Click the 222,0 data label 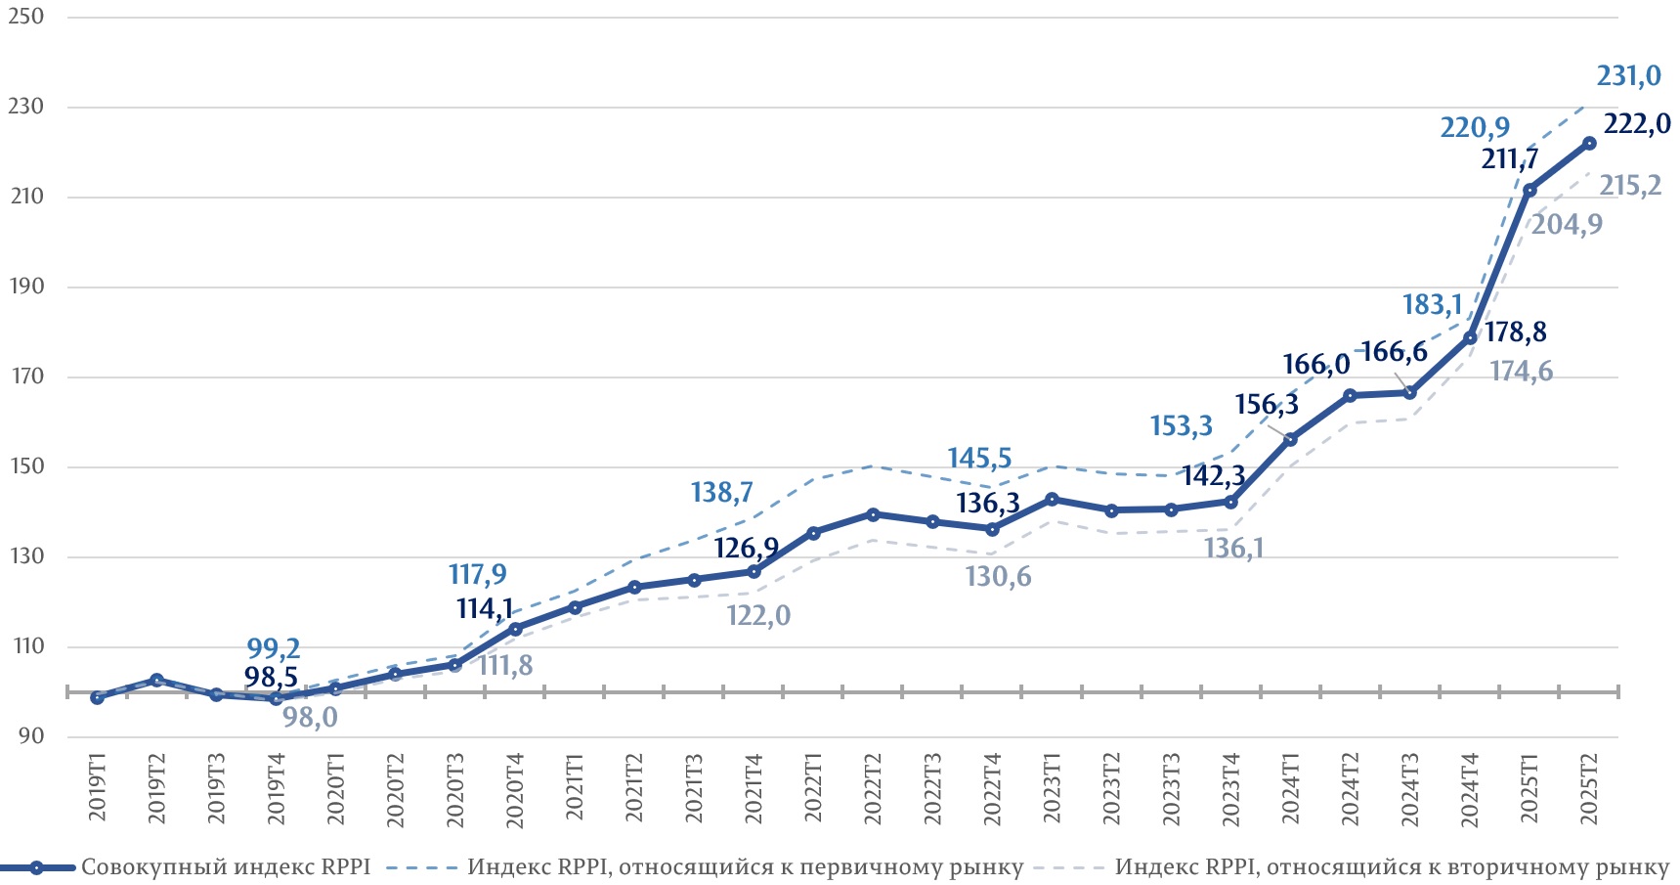(x=1637, y=125)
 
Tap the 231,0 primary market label (x=1628, y=76)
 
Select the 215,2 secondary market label (x=1630, y=186)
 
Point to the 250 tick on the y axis (x=26, y=17)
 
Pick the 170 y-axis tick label (x=26, y=376)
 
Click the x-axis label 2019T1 (x=98, y=786)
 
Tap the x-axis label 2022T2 (x=873, y=788)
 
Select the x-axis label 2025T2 (x=1589, y=788)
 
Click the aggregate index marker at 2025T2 (x=1589, y=144)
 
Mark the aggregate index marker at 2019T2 (x=156, y=680)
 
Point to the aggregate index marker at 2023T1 (x=1052, y=500)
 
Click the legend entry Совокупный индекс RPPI (x=225, y=867)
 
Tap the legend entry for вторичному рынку (x=1392, y=867)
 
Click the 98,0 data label (x=310, y=718)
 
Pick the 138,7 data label (x=721, y=492)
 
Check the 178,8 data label (x=1515, y=332)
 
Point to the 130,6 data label (x=998, y=577)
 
